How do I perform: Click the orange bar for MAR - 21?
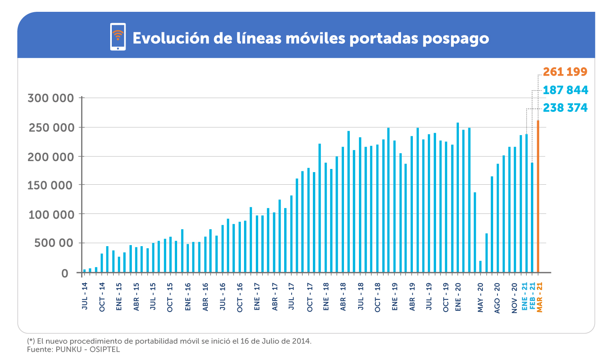[x=538, y=197]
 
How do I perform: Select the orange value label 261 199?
[x=565, y=72]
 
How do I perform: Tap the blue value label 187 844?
[x=565, y=90]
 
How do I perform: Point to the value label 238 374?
[x=565, y=108]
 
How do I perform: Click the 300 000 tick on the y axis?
[x=50, y=98]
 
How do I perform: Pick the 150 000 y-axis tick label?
[x=50, y=186]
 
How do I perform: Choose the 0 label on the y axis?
[x=65, y=273]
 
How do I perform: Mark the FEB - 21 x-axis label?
[x=532, y=296]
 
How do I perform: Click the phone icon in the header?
[x=118, y=37]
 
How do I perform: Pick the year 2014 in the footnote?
[x=301, y=341]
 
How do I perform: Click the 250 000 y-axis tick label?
[x=51, y=128]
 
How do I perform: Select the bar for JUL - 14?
[x=84, y=271]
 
